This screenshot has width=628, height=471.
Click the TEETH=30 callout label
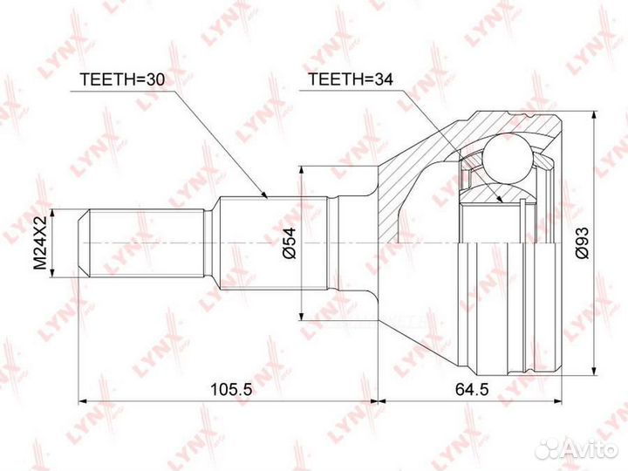click(x=122, y=79)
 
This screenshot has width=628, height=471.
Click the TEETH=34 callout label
click(x=350, y=79)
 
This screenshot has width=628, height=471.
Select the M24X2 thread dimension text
click(x=40, y=242)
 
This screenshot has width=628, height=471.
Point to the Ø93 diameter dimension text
click(x=581, y=242)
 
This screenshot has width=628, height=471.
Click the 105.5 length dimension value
click(x=231, y=388)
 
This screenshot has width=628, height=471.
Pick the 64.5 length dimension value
click(x=472, y=388)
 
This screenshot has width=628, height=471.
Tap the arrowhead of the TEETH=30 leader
click(x=263, y=195)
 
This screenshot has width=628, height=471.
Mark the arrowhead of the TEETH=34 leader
click(x=499, y=198)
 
